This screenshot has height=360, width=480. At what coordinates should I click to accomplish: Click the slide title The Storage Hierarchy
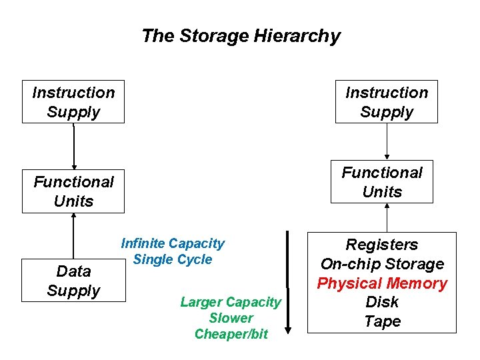pos(241,36)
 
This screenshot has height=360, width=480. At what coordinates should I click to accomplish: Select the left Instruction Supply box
pos(73,102)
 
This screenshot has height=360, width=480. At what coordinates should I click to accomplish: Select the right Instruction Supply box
pos(387,102)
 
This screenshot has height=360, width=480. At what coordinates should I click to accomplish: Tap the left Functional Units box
pos(73,191)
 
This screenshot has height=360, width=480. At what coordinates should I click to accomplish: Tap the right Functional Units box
pos(382,182)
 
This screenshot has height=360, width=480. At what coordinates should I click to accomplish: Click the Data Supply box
pos(73,281)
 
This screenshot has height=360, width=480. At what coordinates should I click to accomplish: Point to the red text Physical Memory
pos(382,283)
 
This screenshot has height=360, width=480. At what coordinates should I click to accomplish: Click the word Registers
pos(382,245)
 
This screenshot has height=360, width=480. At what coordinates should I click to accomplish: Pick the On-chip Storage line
pos(382,264)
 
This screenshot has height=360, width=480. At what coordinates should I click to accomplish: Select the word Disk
pos(382,302)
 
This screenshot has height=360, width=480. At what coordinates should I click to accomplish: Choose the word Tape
pos(382,321)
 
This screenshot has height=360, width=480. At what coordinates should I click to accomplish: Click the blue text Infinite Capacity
pos(173,244)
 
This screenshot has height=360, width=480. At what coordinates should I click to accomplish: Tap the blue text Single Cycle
pos(173,259)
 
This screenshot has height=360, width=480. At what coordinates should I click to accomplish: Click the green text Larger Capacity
pos(231,302)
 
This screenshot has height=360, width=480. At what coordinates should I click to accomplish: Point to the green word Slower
pos(231,318)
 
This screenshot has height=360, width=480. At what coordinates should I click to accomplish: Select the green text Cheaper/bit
pos(231,334)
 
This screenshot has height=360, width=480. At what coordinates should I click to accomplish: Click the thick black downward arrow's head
pos(288,327)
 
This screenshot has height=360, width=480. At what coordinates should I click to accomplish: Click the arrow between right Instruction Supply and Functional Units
pos(387,141)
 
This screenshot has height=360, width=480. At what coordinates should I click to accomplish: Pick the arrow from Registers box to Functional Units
pos(387,217)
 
